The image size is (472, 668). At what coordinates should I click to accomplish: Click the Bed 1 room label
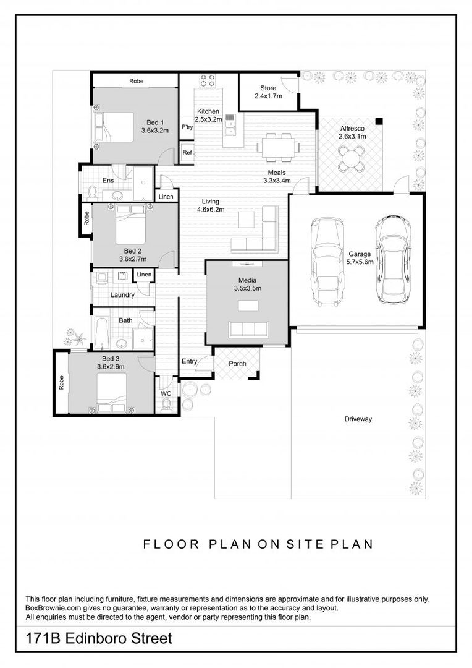pyautogui.click(x=155, y=126)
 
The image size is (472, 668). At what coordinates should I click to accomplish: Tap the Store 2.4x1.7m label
pyautogui.click(x=268, y=92)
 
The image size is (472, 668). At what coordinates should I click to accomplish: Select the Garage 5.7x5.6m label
pyautogui.click(x=359, y=257)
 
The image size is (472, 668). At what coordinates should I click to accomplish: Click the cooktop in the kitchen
pyautogui.click(x=208, y=80)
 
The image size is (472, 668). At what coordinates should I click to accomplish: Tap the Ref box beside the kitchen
pyautogui.click(x=187, y=152)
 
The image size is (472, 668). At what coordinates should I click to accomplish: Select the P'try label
pyautogui.click(x=187, y=127)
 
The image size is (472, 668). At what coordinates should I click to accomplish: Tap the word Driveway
pyautogui.click(x=358, y=419)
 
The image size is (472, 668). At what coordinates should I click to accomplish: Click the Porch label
pyautogui.click(x=237, y=364)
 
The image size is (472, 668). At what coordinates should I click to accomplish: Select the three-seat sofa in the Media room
pyautogui.click(x=247, y=328)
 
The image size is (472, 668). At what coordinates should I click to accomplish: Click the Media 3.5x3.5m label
pyautogui.click(x=247, y=284)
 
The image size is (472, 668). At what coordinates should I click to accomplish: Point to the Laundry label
pyautogui.click(x=122, y=295)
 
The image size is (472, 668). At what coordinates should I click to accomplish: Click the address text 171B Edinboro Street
pyautogui.click(x=98, y=638)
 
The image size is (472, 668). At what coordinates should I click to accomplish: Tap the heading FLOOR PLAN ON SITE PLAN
pyautogui.click(x=258, y=544)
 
